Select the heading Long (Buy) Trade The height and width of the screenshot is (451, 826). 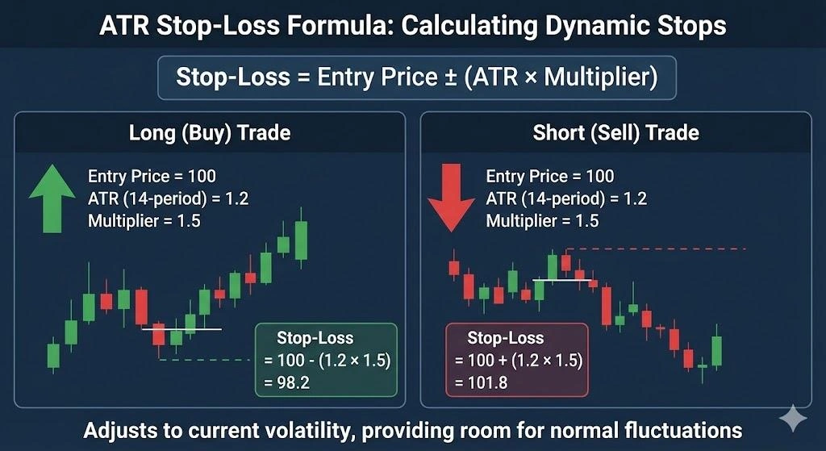pos(210,132)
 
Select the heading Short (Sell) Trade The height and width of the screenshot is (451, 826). pos(615,132)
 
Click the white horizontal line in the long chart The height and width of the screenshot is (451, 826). pos(181,328)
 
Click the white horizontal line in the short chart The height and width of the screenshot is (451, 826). pos(562,280)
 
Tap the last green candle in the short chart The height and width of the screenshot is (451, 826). pos(716,350)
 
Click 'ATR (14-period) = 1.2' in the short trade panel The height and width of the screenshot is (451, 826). pos(566,198)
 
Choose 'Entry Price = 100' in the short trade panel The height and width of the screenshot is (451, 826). pos(550,176)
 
